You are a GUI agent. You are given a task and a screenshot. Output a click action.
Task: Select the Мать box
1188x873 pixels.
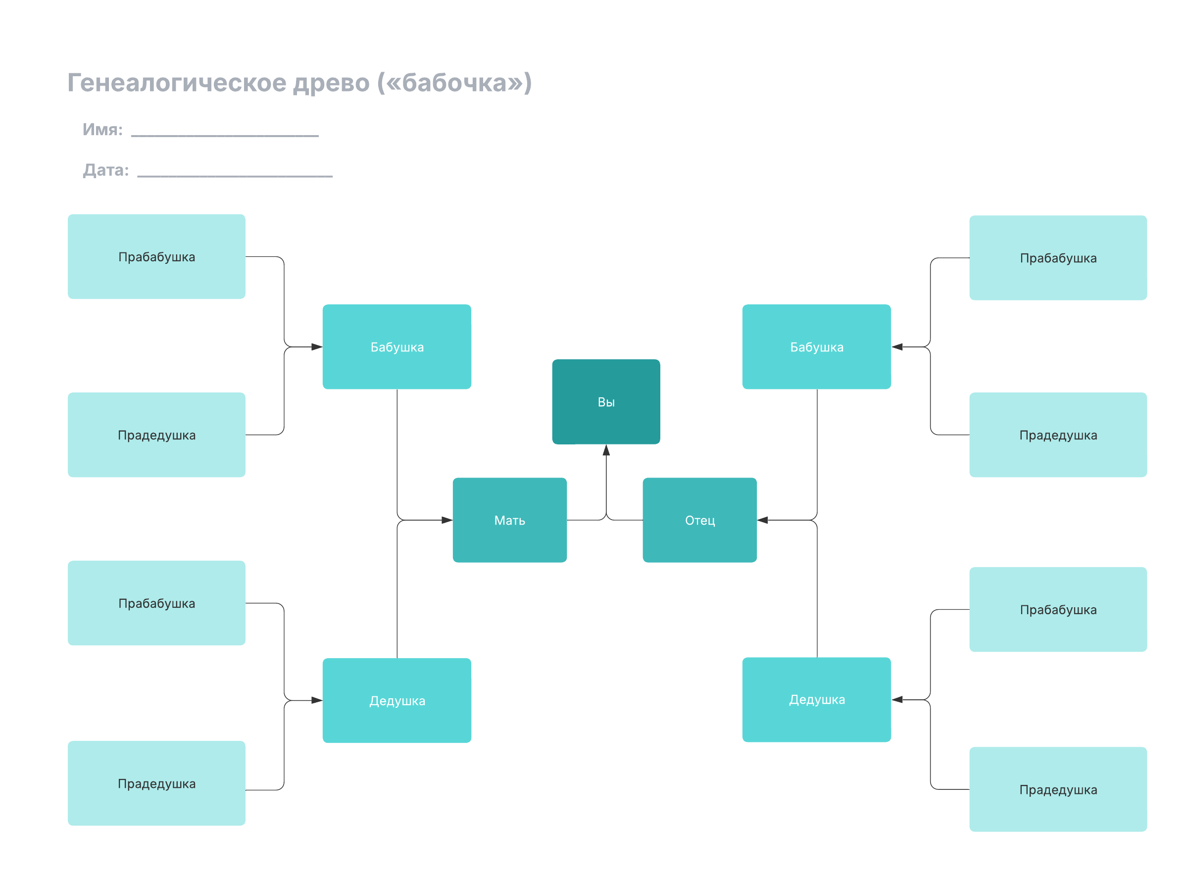click(509, 520)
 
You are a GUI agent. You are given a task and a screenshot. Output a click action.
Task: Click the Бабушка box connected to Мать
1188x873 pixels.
click(396, 346)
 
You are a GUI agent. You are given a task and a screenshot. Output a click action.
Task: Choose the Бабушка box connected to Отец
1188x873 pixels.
click(816, 346)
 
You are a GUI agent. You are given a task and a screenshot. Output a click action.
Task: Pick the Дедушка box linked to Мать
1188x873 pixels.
click(396, 700)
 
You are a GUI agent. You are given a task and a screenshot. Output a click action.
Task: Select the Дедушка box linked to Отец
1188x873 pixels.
click(816, 700)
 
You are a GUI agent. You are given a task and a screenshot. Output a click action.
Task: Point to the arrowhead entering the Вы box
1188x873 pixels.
click(606, 450)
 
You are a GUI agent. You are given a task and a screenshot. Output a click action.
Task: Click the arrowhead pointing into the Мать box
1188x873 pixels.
click(447, 520)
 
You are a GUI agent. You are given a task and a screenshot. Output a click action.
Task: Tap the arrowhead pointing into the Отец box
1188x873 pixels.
click(762, 520)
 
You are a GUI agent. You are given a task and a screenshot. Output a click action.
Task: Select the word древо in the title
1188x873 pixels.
click(331, 83)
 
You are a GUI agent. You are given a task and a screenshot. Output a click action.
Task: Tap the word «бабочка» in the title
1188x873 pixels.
click(454, 83)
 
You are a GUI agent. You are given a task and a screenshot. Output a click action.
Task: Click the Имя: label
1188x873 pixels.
click(102, 130)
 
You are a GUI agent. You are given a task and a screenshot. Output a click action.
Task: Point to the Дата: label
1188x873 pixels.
click(106, 170)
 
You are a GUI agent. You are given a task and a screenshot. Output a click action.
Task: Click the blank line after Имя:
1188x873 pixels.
click(225, 136)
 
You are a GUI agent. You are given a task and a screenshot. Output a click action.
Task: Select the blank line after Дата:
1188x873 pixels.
click(235, 176)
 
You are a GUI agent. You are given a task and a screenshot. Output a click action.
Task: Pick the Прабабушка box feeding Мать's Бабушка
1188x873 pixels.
click(156, 256)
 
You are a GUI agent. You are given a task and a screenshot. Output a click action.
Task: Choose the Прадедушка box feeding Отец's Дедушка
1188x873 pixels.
click(1057, 789)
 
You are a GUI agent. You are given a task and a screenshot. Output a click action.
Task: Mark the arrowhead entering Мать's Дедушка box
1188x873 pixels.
click(317, 700)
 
